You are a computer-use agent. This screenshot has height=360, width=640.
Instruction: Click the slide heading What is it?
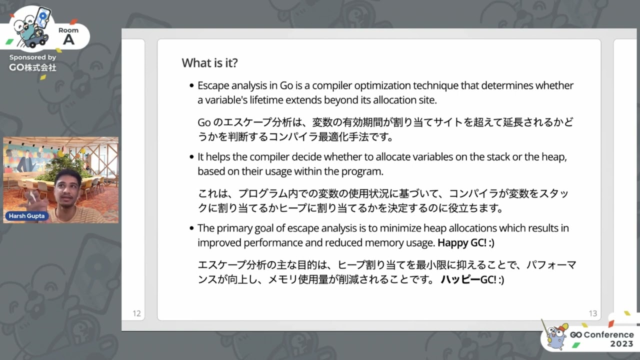[209, 63]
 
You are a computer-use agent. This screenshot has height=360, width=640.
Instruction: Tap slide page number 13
[593, 313]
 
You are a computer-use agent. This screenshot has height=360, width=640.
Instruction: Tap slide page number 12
[136, 313]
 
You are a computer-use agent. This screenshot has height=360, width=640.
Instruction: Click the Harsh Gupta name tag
[26, 216]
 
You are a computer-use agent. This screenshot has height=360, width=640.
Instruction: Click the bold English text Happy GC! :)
[465, 243]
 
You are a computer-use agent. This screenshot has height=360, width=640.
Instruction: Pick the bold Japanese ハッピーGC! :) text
[472, 279]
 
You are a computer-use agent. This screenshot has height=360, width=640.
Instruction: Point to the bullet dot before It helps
[191, 157]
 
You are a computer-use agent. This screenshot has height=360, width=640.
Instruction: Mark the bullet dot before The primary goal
[191, 228]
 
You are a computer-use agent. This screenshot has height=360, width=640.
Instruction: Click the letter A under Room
[68, 40]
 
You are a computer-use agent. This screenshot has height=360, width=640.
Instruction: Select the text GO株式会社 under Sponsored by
[32, 67]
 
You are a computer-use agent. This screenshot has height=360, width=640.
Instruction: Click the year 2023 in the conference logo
[621, 344]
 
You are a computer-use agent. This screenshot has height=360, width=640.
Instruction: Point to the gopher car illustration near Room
[31, 28]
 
